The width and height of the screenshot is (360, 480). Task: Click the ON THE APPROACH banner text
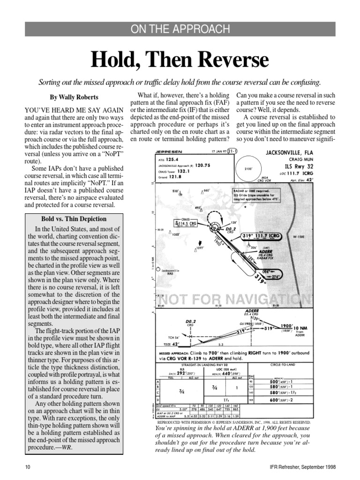pyautogui.click(x=180, y=29)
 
